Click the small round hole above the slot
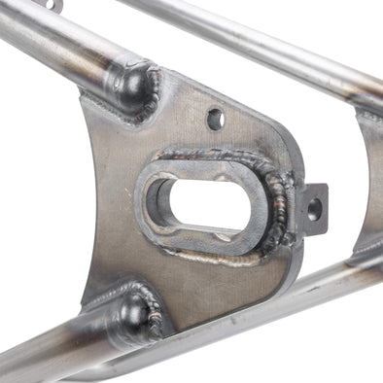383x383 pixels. tap(215, 119)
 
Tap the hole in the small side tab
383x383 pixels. tap(314, 206)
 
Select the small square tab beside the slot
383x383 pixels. tap(313, 207)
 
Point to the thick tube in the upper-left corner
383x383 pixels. tap(49, 39)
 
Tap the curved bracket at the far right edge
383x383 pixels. tap(368, 185)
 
